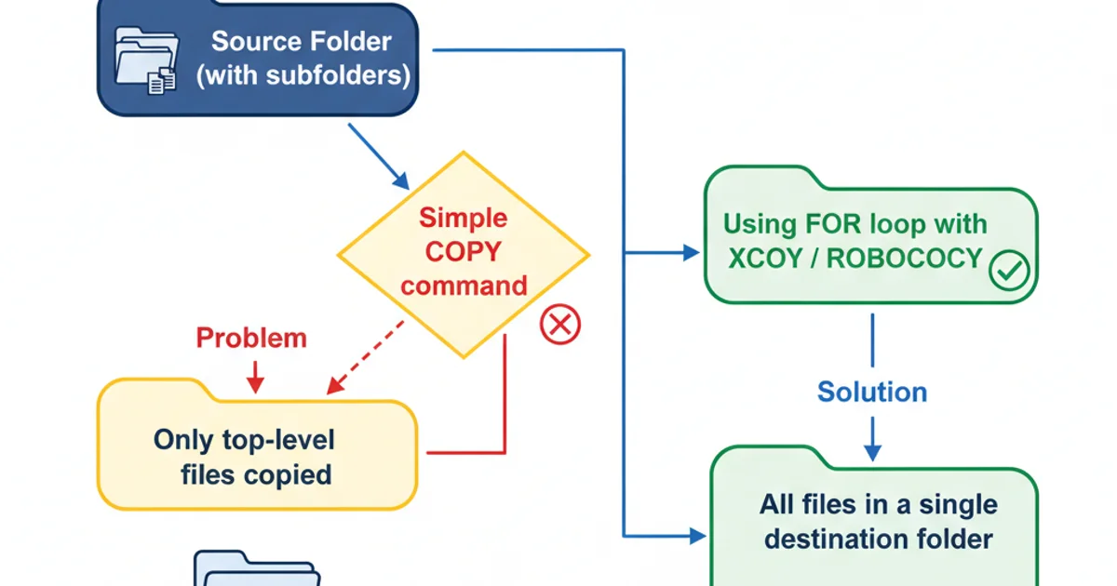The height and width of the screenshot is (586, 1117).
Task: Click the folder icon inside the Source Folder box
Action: (144, 63)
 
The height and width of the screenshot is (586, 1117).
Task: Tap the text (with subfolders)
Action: (303, 75)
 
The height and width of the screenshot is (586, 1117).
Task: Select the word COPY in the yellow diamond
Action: (463, 252)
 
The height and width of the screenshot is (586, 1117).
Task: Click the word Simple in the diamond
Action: (463, 219)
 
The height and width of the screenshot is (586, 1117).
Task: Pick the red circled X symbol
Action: (559, 324)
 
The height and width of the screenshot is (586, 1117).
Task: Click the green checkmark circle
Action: (1008, 271)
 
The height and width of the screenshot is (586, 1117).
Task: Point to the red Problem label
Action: (251, 338)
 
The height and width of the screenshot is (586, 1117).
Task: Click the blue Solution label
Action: (872, 392)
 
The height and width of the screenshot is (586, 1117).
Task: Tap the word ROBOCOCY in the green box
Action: (904, 259)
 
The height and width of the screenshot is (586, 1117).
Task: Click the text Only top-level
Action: (244, 439)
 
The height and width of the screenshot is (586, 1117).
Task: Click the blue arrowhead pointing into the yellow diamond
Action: (400, 180)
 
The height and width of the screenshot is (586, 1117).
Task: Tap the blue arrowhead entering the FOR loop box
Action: (690, 252)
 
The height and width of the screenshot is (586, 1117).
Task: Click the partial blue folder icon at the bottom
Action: (256, 569)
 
